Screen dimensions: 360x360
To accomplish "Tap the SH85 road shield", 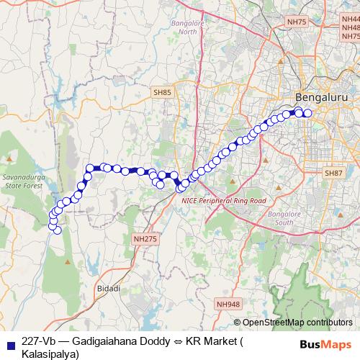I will (x=162, y=93).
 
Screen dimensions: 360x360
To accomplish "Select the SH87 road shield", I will (x=333, y=174).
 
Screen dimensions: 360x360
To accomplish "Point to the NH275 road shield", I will (x=144, y=238).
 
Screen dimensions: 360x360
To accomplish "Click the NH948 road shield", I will (x=228, y=305).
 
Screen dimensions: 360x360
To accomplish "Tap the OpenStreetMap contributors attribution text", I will (x=297, y=323).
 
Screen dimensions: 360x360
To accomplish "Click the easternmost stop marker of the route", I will (x=308, y=112).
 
